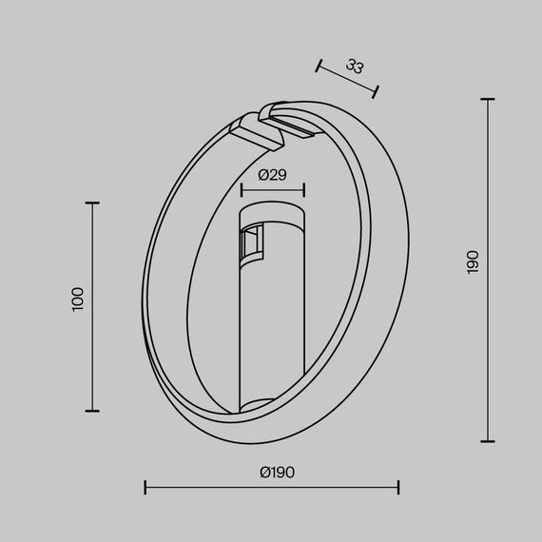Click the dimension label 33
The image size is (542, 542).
355,67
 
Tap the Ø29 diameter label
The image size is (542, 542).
272,174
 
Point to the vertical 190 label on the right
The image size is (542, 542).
474,262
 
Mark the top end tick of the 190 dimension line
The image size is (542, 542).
489,99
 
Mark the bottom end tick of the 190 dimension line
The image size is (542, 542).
489,441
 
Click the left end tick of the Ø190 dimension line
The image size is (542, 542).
145,488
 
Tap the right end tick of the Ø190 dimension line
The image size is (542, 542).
398,488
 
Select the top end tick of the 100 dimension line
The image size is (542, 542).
92,203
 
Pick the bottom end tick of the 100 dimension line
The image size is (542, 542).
92,411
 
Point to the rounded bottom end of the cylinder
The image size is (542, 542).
271,407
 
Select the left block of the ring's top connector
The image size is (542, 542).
258,130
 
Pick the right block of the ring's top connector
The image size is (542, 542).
294,120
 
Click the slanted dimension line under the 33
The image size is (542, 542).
347,78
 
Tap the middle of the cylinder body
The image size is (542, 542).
271,314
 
